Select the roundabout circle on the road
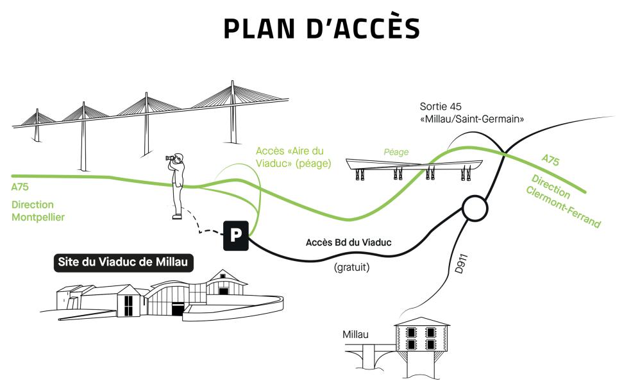click(475, 208)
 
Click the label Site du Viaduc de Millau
click(122, 262)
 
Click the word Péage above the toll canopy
click(396, 152)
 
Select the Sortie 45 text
click(441, 106)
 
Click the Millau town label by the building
click(355, 334)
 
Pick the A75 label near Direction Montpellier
click(21, 187)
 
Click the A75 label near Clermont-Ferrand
click(550, 160)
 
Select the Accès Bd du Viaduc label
click(348, 242)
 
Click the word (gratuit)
click(351, 267)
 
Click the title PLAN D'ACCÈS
click(322, 29)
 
